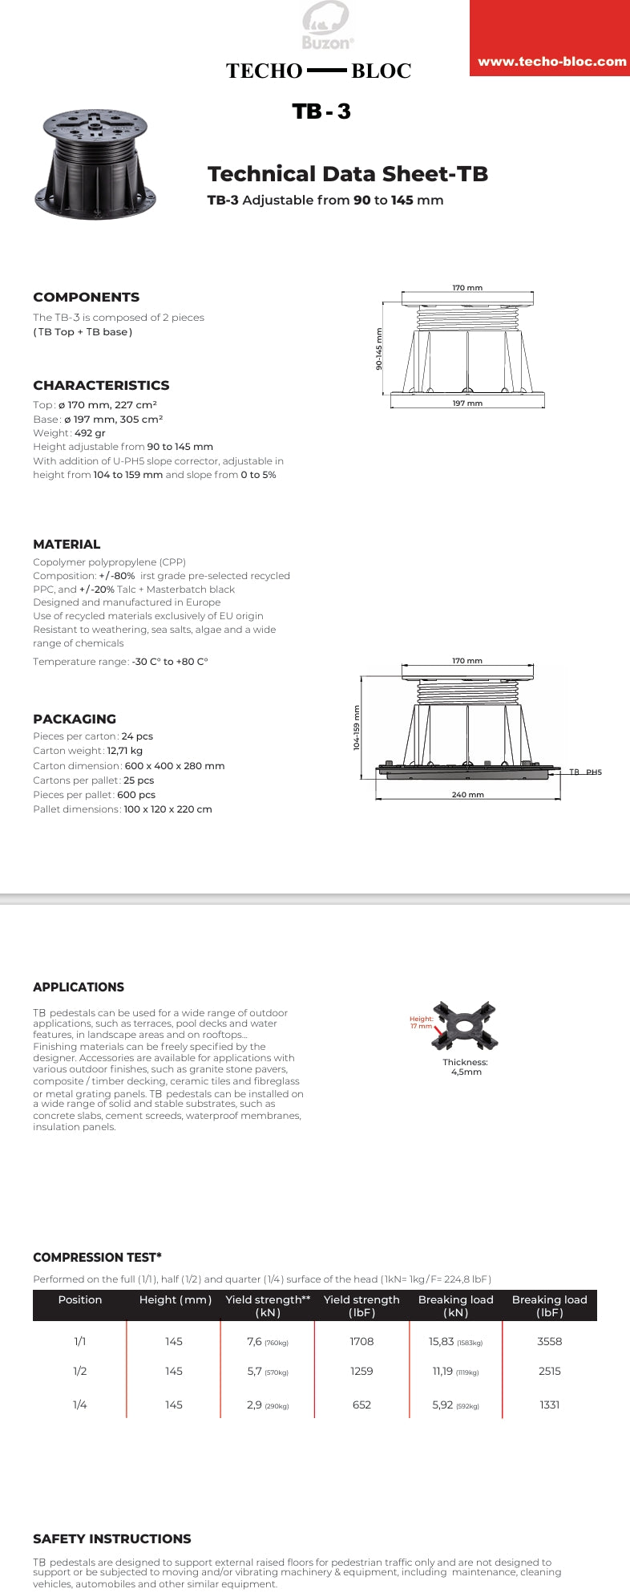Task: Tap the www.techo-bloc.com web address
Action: [x=551, y=62]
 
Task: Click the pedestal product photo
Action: [x=95, y=163]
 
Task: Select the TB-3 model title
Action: [x=321, y=111]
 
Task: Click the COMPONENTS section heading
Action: [x=86, y=297]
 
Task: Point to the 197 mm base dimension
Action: [x=467, y=403]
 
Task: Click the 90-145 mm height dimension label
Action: [x=379, y=349]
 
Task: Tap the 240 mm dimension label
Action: [x=467, y=795]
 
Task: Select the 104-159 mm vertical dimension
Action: [x=357, y=728]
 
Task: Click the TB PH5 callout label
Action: [x=585, y=772]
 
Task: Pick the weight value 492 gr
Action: [x=90, y=433]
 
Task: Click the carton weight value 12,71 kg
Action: [x=124, y=751]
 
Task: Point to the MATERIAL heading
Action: [x=67, y=544]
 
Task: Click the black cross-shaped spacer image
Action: [x=464, y=1026]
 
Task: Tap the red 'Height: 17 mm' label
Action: [x=421, y=1023]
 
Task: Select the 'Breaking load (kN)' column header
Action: [x=455, y=1305]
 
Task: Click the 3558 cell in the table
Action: [x=549, y=1341]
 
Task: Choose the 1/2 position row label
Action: [x=79, y=1371]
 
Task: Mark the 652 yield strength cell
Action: [x=361, y=1405]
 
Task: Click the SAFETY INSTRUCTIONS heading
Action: [x=111, y=1538]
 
